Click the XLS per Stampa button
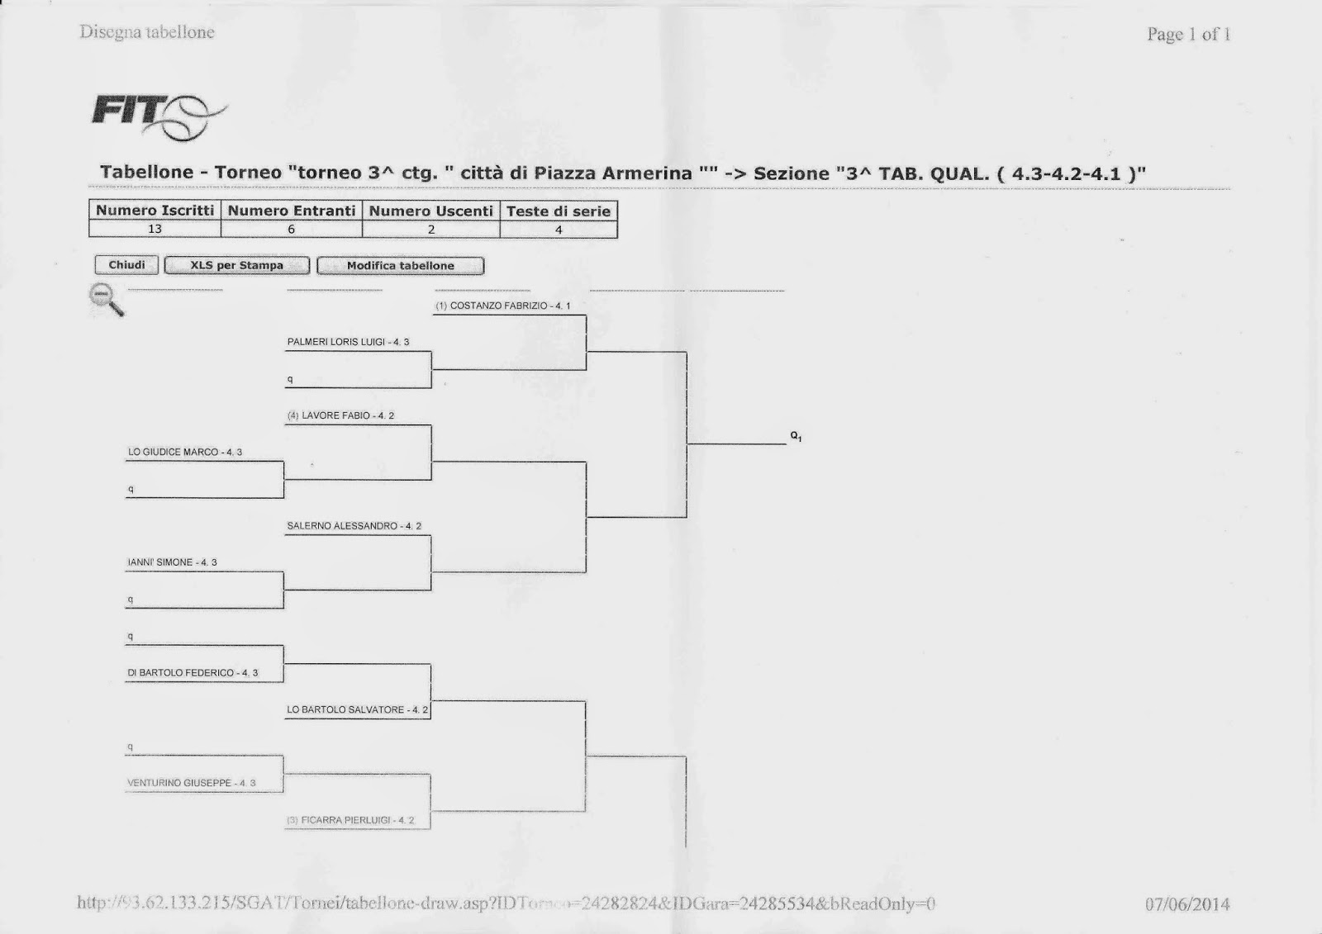coord(237,265)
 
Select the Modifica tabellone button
coord(401,266)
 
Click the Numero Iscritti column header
coord(155,211)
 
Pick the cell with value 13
coord(155,230)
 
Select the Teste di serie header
coord(559,211)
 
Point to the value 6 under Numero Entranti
coord(291,230)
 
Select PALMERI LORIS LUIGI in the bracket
coord(348,342)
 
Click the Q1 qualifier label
coord(796,436)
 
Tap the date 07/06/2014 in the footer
coord(1187,904)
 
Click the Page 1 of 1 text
coord(1188,35)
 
